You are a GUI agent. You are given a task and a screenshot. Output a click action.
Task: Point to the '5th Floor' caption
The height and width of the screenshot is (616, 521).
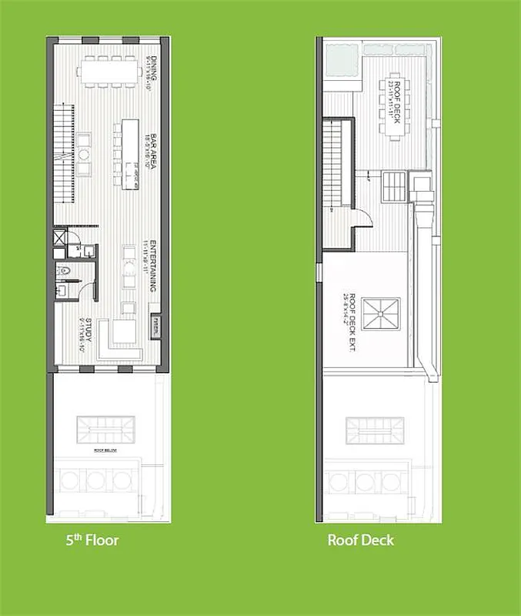point(92,540)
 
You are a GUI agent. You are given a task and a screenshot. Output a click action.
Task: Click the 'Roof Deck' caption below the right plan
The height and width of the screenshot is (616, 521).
point(360,540)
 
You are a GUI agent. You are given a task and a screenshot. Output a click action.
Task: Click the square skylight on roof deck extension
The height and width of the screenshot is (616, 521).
point(382,315)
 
